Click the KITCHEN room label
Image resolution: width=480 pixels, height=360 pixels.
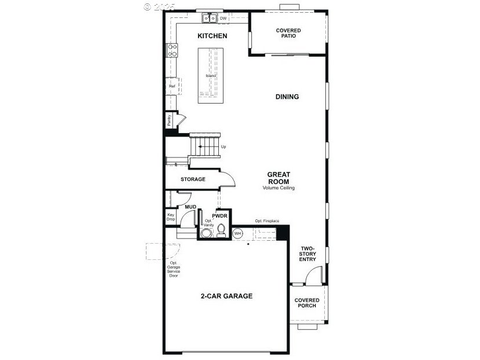click(x=212, y=36)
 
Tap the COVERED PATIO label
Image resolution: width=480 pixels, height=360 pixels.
click(x=288, y=33)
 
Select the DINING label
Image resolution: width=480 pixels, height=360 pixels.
click(x=287, y=97)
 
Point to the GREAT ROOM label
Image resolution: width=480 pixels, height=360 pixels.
click(x=278, y=178)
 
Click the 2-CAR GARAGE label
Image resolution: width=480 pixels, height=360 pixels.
click(x=226, y=296)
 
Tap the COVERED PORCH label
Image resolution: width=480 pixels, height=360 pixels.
click(x=306, y=303)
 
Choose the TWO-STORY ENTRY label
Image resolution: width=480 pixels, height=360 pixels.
click(x=307, y=254)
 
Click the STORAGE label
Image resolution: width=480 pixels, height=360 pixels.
click(x=193, y=179)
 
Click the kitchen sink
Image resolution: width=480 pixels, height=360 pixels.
click(x=209, y=19)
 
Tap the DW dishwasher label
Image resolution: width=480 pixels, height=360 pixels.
click(x=223, y=19)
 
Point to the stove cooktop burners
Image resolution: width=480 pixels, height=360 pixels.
click(x=172, y=50)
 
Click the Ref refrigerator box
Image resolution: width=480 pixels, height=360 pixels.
click(x=172, y=86)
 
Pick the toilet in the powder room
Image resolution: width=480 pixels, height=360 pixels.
click(x=221, y=232)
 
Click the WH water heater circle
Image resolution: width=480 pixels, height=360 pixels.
click(x=238, y=233)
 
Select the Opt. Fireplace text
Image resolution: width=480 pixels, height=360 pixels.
click(x=267, y=221)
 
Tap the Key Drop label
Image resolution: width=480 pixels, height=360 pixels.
click(x=171, y=216)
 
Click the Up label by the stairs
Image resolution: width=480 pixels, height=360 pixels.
click(x=223, y=146)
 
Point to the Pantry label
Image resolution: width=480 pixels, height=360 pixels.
click(x=169, y=120)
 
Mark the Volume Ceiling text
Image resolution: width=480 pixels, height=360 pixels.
click(x=278, y=188)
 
